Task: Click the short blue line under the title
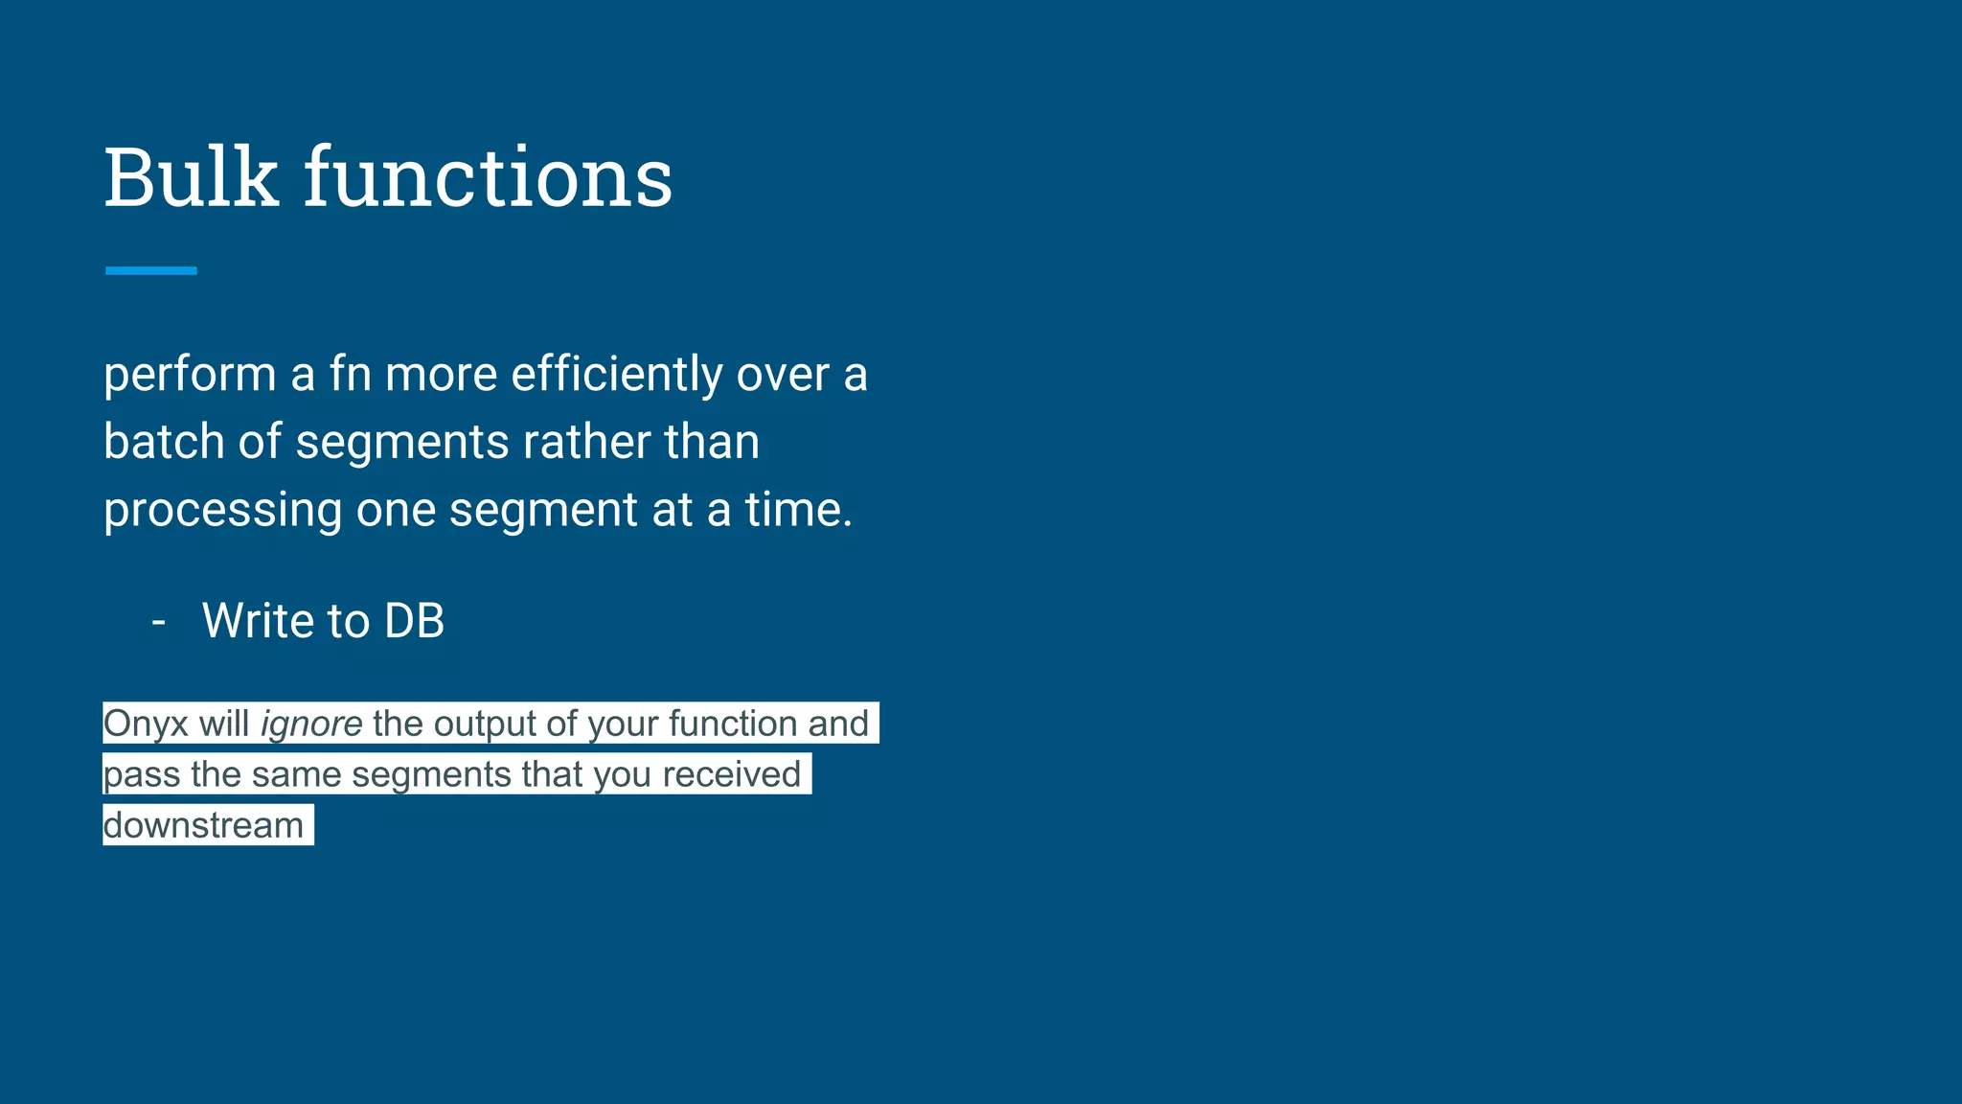pyautogui.click(x=151, y=271)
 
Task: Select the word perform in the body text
pyautogui.click(x=190, y=375)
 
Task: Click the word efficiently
pyautogui.click(x=616, y=375)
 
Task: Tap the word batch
pyautogui.click(x=164, y=442)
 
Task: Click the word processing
pyautogui.click(x=222, y=511)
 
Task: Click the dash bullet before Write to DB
pyautogui.click(x=159, y=621)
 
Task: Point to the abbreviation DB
pyautogui.click(x=414, y=621)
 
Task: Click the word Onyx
pyautogui.click(x=146, y=724)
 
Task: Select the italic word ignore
pyautogui.click(x=311, y=724)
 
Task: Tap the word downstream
pyautogui.click(x=203, y=825)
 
